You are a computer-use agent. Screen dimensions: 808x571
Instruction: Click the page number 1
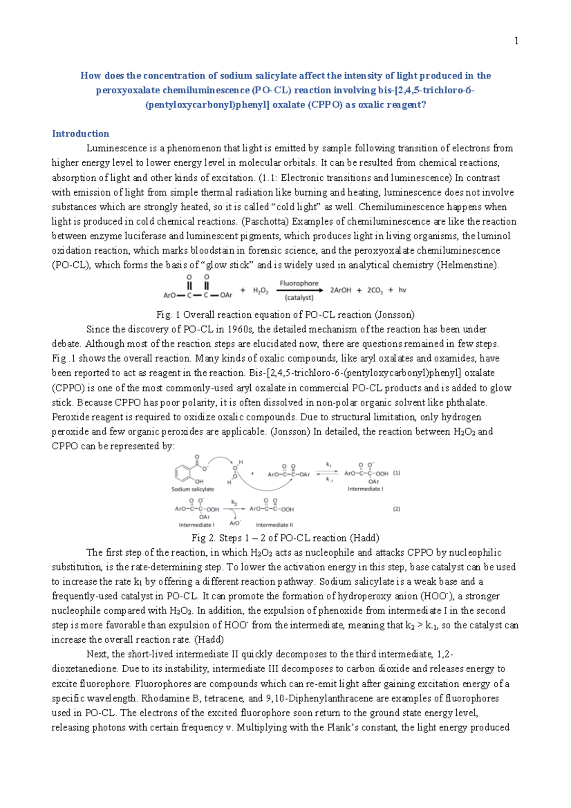[x=516, y=41]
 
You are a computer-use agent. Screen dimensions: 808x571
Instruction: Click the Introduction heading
[x=80, y=134]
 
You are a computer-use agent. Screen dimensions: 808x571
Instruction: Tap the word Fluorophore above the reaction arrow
[x=299, y=283]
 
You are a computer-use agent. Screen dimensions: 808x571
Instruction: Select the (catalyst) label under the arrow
[x=299, y=298]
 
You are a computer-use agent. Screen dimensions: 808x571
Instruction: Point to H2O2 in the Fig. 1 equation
[x=260, y=291]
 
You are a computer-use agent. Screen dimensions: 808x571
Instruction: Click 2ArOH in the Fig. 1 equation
[x=341, y=290]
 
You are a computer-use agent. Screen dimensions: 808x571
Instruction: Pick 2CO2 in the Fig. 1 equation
[x=375, y=290]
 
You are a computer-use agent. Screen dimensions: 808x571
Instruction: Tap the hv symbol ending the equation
[x=402, y=290]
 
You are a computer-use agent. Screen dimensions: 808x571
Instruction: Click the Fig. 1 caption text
[x=285, y=315]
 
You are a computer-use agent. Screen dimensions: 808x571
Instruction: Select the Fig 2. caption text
[x=285, y=538]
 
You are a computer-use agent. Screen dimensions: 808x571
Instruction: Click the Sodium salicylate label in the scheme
[x=193, y=489]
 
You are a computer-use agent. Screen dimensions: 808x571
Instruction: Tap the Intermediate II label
[x=275, y=525]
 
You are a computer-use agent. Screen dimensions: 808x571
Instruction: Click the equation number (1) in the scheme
[x=396, y=473]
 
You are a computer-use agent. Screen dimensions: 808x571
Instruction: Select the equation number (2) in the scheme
[x=396, y=509]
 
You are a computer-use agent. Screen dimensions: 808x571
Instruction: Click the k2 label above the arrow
[x=234, y=503]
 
